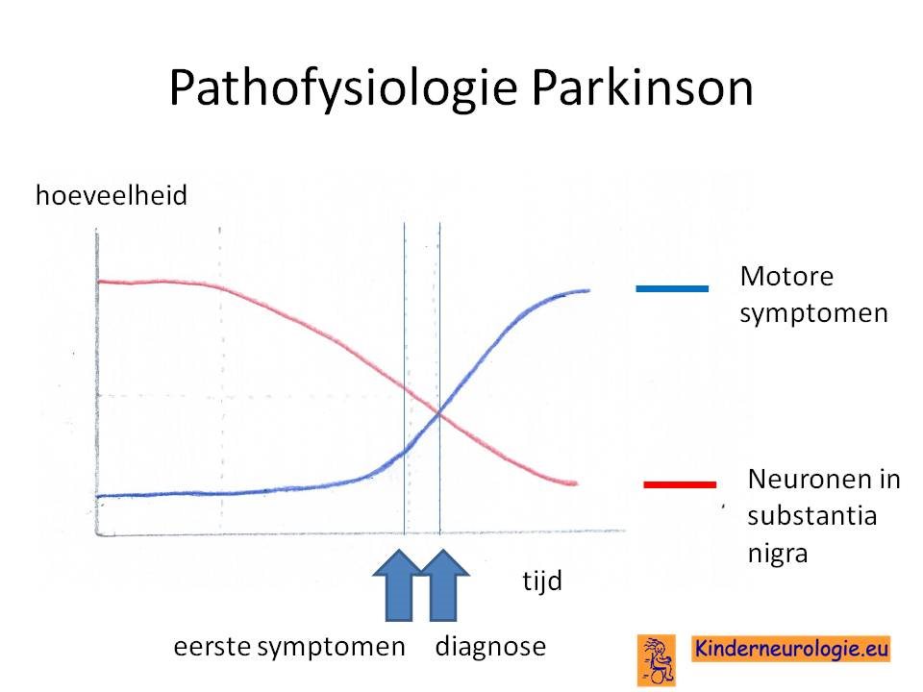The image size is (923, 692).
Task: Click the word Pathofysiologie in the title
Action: [x=343, y=88]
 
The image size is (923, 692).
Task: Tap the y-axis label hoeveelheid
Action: [x=112, y=195]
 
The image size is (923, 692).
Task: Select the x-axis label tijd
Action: [x=542, y=581]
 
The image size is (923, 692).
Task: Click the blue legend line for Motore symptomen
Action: [x=672, y=288]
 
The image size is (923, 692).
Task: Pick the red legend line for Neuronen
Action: [x=680, y=484]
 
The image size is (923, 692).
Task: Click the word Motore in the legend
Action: [x=786, y=276]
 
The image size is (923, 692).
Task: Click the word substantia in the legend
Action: [x=812, y=516]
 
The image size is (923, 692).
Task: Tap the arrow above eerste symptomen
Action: [x=399, y=585]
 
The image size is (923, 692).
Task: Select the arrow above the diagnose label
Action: [x=443, y=585]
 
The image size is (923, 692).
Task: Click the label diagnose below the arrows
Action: [x=490, y=647]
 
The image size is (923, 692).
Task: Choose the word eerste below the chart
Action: [x=212, y=647]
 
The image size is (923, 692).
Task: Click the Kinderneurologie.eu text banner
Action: [x=791, y=649]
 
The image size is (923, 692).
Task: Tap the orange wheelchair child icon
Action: [x=657, y=660]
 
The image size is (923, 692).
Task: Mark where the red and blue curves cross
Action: [x=439, y=414]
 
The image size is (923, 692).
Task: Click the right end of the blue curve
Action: [x=589, y=290]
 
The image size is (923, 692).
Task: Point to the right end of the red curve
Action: [x=577, y=483]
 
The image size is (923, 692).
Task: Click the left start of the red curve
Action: [x=98, y=282]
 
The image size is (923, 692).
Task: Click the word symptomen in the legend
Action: [x=813, y=313]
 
